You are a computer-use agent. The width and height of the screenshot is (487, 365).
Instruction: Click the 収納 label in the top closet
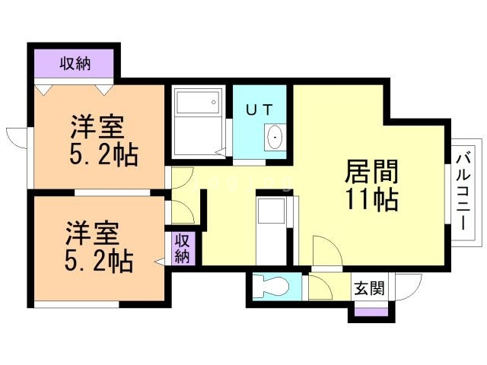pyautogui.click(x=75, y=63)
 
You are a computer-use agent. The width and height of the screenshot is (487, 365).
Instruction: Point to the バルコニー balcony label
pyautogui.click(x=463, y=190)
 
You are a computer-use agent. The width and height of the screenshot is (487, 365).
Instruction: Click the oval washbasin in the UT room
pyautogui.click(x=274, y=138)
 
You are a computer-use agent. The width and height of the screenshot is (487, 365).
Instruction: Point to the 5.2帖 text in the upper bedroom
pyautogui.click(x=103, y=156)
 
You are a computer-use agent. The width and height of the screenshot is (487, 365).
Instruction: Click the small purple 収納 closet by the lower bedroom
pyautogui.click(x=183, y=249)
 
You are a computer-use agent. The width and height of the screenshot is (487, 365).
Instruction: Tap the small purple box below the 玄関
pyautogui.click(x=371, y=310)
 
